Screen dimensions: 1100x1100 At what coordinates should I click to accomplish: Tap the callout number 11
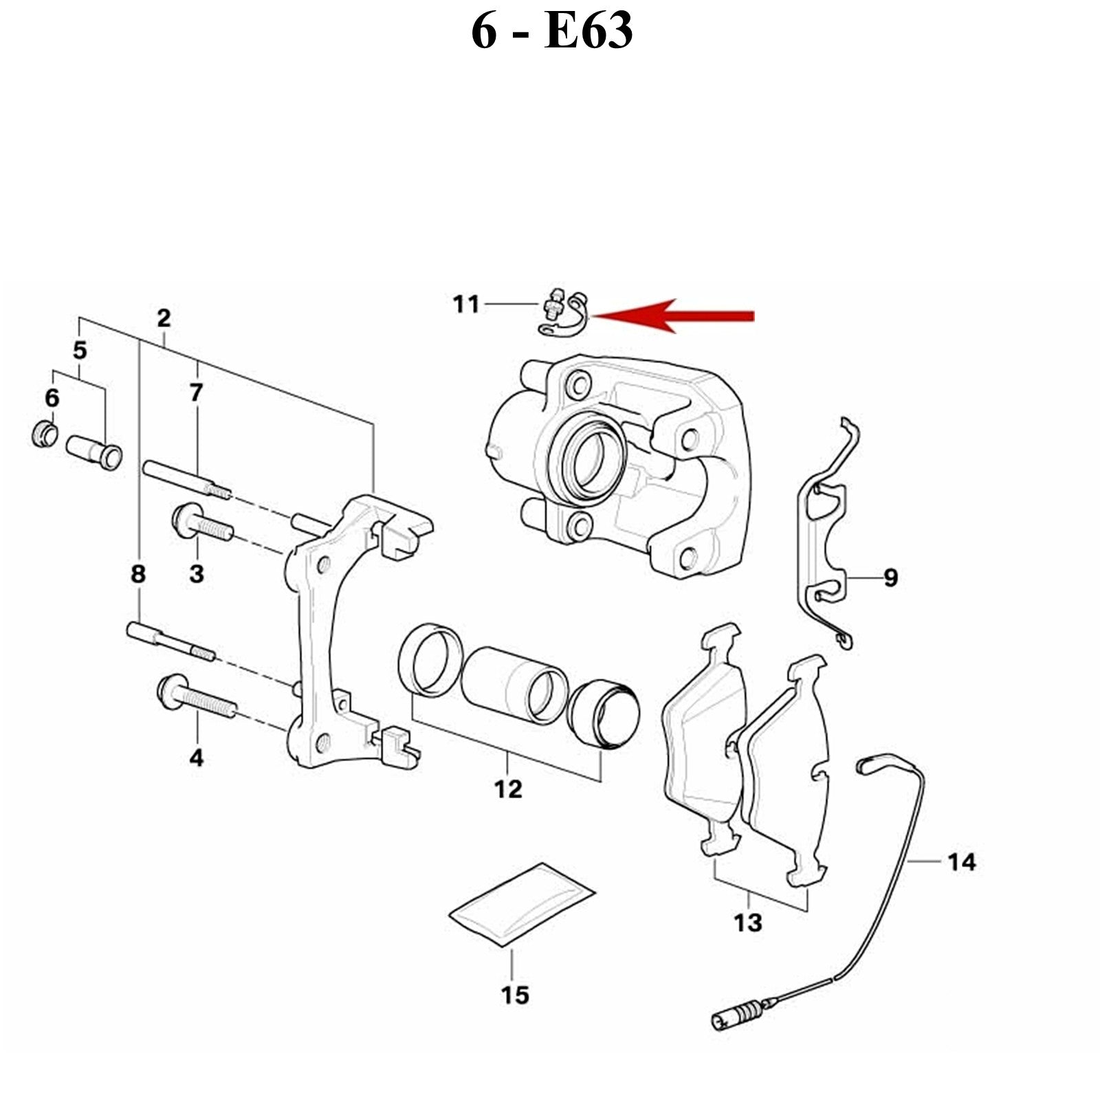pyautogui.click(x=466, y=304)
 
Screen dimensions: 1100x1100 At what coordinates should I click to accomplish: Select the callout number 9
pyautogui.click(x=890, y=577)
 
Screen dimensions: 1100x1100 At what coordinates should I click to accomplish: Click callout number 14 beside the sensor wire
pyautogui.click(x=961, y=861)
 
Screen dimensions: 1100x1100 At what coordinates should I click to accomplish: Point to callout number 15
pyautogui.click(x=515, y=995)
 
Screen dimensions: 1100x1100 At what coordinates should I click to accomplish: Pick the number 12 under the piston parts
pyautogui.click(x=508, y=789)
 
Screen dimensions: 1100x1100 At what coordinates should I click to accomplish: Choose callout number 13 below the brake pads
pyautogui.click(x=747, y=923)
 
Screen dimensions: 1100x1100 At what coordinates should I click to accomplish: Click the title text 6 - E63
pyautogui.click(x=551, y=31)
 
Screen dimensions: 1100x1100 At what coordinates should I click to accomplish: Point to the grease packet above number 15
pyautogui.click(x=521, y=904)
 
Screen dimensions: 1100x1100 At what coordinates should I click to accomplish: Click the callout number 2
pyautogui.click(x=163, y=318)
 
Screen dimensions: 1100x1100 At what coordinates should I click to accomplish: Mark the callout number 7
pyautogui.click(x=197, y=393)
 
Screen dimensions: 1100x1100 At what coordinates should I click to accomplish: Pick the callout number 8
pyautogui.click(x=138, y=574)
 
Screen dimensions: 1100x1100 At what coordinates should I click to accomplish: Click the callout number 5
pyautogui.click(x=80, y=350)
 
